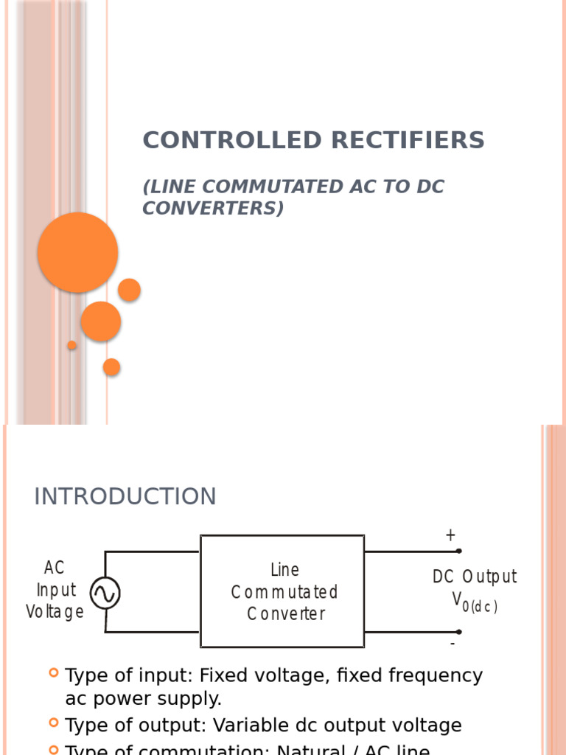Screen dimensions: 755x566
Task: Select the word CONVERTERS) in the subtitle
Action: (212, 209)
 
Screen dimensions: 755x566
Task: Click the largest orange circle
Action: (78, 252)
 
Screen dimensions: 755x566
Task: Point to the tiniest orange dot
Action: (72, 345)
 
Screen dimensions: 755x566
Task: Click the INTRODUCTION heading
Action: (125, 497)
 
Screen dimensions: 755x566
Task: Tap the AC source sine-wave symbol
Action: (105, 593)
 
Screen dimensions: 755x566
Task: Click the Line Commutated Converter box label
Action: (284, 592)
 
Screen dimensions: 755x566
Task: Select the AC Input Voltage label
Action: (55, 590)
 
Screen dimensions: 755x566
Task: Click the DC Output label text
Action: (475, 577)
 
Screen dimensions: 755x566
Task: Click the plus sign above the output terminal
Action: (450, 536)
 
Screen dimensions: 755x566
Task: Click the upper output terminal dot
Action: (458, 551)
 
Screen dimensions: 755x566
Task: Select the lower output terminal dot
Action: (458, 632)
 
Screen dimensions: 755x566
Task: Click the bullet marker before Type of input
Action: (54, 672)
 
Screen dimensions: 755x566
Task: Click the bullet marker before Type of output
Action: (54, 723)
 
